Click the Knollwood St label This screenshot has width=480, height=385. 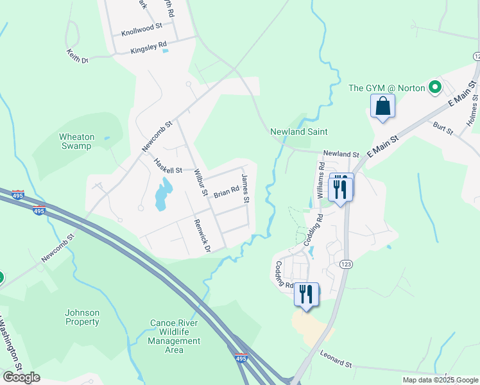(141, 29)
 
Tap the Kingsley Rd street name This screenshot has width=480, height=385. (148, 47)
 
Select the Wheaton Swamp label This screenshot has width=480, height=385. (76, 141)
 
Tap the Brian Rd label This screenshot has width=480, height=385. (226, 191)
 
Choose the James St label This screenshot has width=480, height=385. (245, 189)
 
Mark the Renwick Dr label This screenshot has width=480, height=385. (203, 235)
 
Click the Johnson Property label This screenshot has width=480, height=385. (82, 318)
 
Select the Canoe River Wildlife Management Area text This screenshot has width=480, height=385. (175, 336)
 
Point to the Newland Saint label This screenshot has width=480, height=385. (298, 132)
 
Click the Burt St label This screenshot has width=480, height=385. (443, 128)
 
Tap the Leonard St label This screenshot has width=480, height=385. (336, 360)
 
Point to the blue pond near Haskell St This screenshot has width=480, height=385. (162, 194)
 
